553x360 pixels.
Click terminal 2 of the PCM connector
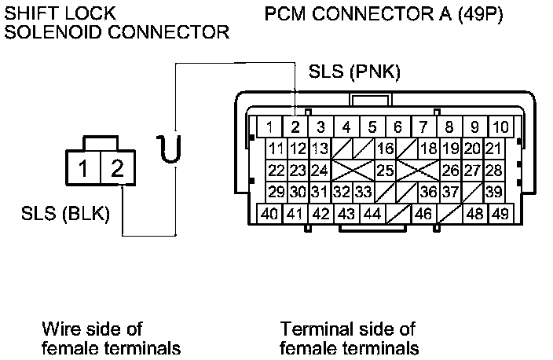tap(295, 127)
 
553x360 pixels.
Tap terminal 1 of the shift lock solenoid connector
tap(83, 168)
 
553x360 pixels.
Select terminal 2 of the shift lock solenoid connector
tap(118, 168)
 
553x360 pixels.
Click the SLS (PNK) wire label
tap(354, 72)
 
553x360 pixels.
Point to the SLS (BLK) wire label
tap(66, 214)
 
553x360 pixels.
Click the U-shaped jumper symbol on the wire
tap(170, 149)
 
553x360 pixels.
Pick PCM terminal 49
tap(501, 214)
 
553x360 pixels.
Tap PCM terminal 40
tap(269, 214)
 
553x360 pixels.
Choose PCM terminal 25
tap(385, 171)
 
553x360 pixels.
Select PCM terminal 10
tap(501, 127)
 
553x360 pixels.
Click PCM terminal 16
tap(385, 149)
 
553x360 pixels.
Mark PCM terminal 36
tap(429, 192)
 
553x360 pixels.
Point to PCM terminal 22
tap(276, 171)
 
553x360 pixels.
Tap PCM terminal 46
tap(423, 214)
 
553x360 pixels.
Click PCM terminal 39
tap(494, 192)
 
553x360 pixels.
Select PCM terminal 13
tap(320, 149)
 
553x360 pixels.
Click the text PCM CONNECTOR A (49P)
tap(383, 14)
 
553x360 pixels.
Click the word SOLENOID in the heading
tap(53, 32)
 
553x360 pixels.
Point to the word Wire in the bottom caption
tap(61, 329)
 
